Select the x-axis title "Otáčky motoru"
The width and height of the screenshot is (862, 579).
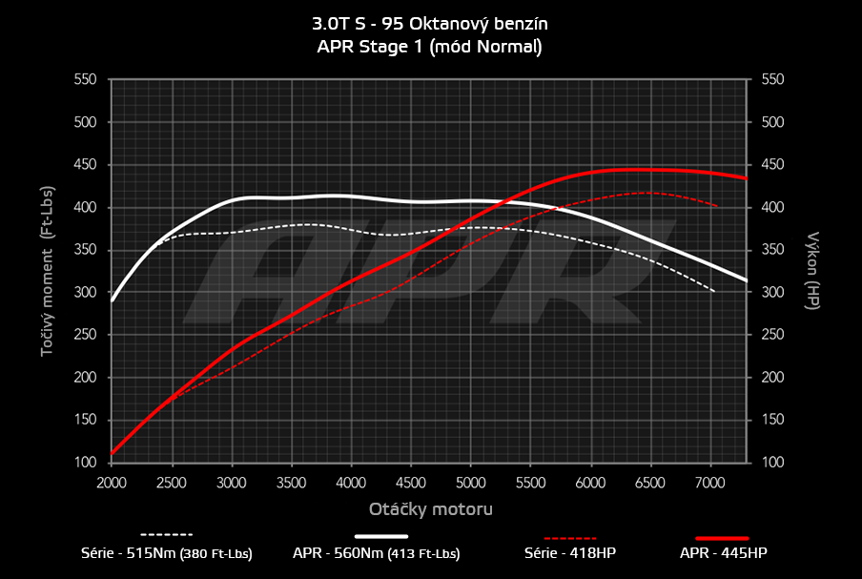point(430,509)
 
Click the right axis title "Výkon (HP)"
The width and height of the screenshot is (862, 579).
point(813,271)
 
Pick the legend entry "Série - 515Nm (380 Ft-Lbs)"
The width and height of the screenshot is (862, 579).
point(167,553)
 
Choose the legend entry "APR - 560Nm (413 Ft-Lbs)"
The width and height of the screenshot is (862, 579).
point(377,553)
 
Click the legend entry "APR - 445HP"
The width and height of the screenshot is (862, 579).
point(723,553)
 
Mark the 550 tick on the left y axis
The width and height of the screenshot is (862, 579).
point(84,79)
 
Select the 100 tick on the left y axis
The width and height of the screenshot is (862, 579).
point(84,463)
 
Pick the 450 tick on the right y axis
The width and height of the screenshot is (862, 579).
point(772,165)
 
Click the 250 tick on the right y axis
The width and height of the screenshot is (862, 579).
point(772,335)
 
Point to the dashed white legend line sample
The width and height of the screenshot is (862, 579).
point(167,535)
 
